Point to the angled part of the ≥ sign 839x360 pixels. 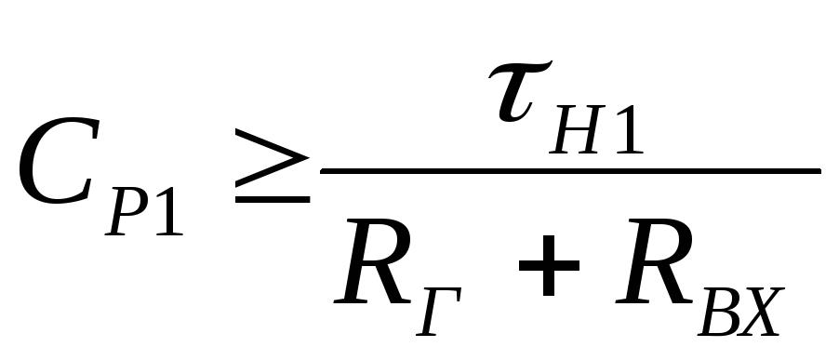[x=272, y=158]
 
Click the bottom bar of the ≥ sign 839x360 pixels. [x=273, y=199]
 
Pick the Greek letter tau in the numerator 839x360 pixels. [x=518, y=91]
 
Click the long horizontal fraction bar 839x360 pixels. [x=570, y=170]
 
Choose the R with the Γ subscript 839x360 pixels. [x=372, y=261]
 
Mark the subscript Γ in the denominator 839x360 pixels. [x=439, y=312]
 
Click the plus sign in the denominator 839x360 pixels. [x=549, y=265]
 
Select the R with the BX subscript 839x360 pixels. [x=654, y=261]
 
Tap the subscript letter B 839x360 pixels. [x=720, y=312]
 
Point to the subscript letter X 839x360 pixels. [x=761, y=312]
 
